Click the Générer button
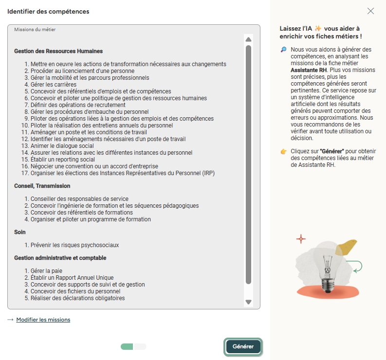[x=243, y=346]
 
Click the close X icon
[x=371, y=11]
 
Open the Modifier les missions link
[x=43, y=320]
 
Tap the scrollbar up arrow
[x=249, y=39]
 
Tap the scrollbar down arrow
[x=249, y=302]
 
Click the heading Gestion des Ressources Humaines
[x=58, y=51]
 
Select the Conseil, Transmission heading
[x=42, y=186]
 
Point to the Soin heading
[x=20, y=232]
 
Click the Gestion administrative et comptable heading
[x=60, y=258]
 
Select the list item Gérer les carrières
[x=54, y=85]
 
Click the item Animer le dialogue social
[x=62, y=146]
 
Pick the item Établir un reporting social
[x=63, y=160]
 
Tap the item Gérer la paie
[x=46, y=271]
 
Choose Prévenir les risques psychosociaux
[x=74, y=245]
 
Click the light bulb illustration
[x=328, y=263]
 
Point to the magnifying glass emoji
[x=284, y=50]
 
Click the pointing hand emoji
[x=284, y=152]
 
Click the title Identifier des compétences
[x=48, y=11]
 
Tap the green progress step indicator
[x=127, y=346]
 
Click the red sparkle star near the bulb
[x=301, y=239]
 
